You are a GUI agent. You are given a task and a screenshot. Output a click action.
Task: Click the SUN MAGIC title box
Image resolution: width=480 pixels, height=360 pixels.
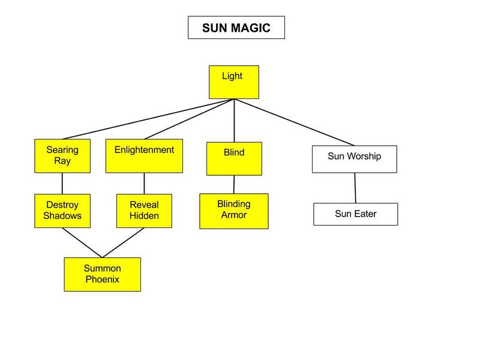click(236, 28)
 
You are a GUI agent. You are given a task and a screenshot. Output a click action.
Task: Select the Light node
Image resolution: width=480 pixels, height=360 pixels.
click(234, 82)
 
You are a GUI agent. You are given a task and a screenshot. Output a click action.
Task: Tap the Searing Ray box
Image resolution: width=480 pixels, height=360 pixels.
click(62, 156)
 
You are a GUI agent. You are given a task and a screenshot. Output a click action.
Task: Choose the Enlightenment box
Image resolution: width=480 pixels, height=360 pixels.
click(144, 156)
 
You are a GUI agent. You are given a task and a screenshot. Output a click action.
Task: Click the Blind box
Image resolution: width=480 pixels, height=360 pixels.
click(234, 158)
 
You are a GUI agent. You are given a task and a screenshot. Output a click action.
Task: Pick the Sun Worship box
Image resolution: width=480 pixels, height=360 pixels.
click(354, 159)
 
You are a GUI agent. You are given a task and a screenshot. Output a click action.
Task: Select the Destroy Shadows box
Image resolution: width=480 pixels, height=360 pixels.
click(62, 211)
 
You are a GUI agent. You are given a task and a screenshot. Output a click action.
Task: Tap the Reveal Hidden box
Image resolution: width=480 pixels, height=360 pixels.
click(144, 211)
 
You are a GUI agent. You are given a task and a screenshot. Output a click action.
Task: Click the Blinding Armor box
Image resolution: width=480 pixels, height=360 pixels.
click(234, 211)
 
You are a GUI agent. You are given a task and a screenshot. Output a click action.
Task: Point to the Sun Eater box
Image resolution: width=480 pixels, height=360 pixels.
click(355, 214)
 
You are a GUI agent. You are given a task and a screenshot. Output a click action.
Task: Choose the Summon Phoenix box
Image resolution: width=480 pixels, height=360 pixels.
click(102, 274)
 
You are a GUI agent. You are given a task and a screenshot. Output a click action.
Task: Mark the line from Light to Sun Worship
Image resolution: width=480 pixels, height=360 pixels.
click(294, 122)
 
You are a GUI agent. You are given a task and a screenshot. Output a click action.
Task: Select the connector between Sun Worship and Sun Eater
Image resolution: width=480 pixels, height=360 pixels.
click(355, 188)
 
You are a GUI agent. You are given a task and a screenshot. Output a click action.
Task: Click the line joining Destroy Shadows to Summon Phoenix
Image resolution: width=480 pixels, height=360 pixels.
click(82, 243)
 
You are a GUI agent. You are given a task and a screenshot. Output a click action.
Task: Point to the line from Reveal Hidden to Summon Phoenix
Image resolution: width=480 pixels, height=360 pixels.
click(123, 243)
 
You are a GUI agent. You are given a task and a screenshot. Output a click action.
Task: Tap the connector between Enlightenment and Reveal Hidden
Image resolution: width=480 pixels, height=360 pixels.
click(144, 183)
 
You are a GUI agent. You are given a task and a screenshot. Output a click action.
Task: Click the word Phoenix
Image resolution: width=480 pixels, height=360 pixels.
click(102, 280)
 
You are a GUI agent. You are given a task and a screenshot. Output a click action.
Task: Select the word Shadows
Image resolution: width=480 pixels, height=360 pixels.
click(62, 216)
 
